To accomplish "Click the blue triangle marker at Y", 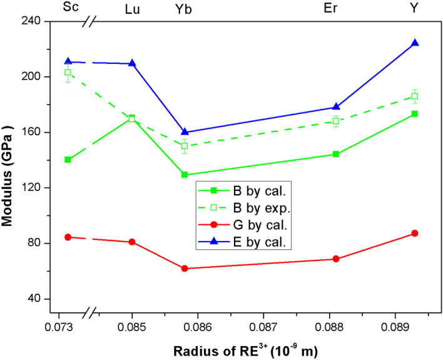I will coord(414,43).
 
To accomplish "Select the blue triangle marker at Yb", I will coord(185,132).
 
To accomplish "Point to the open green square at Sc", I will coord(68,73).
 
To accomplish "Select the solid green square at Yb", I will coord(185,175).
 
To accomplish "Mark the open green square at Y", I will coord(414,96).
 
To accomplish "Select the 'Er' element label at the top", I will coord(336,9).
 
